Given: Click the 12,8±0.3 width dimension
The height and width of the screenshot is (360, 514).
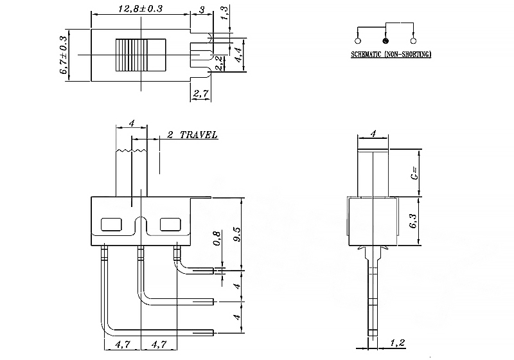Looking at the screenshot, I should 140,8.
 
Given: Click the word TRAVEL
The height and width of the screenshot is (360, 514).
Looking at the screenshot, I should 199,135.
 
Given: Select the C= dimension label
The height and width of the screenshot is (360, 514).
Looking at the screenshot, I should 414,172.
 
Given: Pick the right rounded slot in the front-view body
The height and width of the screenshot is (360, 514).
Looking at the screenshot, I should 170,224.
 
